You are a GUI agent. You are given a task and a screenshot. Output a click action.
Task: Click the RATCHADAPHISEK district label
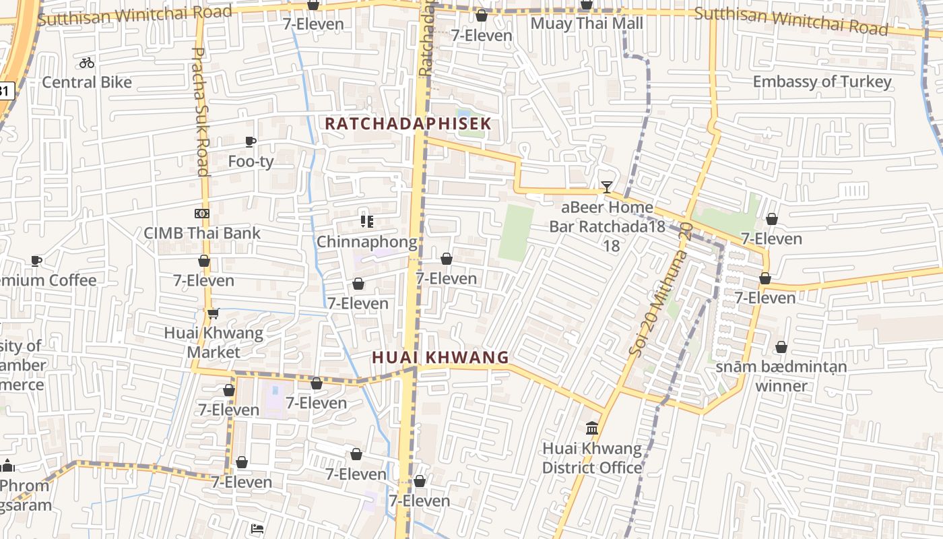tap(408, 124)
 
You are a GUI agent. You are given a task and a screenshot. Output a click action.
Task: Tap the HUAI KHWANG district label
tap(441, 357)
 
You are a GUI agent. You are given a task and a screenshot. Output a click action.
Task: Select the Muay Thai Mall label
tap(587, 24)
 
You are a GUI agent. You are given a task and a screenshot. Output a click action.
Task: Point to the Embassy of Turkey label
tap(822, 82)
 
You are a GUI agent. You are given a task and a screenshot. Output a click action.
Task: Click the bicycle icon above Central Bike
tap(87, 63)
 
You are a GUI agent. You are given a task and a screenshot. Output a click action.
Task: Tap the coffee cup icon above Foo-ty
tap(251, 141)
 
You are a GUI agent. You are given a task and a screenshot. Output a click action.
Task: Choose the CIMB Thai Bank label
tap(202, 233)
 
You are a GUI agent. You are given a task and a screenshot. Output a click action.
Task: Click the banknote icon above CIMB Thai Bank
tap(201, 214)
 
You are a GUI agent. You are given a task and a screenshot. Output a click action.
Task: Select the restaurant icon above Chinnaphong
tap(366, 221)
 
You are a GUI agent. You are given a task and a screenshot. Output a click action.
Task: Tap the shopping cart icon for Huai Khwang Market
tap(214, 313)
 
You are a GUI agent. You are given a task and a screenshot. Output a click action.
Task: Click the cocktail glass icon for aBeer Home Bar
tap(607, 187)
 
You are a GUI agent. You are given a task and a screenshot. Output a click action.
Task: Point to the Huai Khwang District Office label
tap(592, 458)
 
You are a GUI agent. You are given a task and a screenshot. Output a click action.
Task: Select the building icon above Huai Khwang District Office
tap(592, 428)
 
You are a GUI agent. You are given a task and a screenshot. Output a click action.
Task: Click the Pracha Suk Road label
tap(201, 111)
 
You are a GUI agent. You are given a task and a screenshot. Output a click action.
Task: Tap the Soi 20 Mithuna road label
tap(660, 290)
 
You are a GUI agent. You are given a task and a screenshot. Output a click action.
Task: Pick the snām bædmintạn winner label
tap(781, 376)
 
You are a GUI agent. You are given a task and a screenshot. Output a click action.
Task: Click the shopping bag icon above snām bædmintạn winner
tap(781, 347)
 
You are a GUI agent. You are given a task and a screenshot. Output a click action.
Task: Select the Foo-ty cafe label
tap(251, 162)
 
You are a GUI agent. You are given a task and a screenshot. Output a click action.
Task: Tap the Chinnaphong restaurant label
tap(366, 241)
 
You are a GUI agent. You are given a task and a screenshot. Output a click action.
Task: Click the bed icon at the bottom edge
tap(257, 529)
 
